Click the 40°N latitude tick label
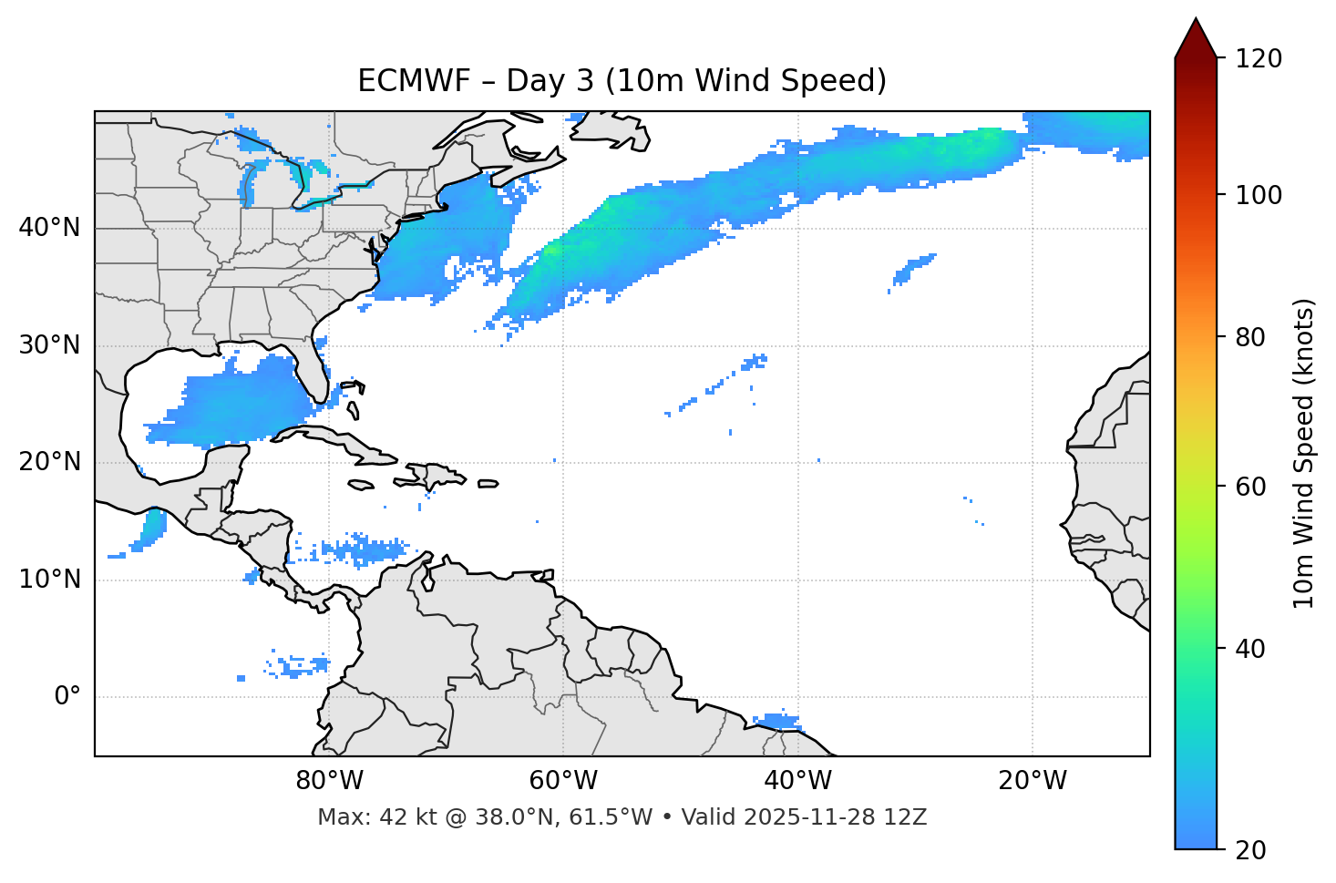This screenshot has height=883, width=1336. (x=50, y=228)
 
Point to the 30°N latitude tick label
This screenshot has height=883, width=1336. (x=50, y=345)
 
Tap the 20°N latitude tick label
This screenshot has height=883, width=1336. (x=50, y=463)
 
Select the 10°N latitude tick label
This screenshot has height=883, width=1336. (x=50, y=580)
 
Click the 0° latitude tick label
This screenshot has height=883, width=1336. (x=67, y=697)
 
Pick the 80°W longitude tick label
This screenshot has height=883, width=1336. (x=329, y=781)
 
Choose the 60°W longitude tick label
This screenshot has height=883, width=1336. (x=563, y=781)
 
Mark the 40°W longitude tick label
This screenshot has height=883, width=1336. (x=798, y=781)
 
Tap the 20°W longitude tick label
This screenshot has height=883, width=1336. (x=1033, y=781)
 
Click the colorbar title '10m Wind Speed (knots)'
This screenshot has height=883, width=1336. (x=1304, y=453)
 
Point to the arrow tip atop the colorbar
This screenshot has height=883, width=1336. (x=1196, y=20)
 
